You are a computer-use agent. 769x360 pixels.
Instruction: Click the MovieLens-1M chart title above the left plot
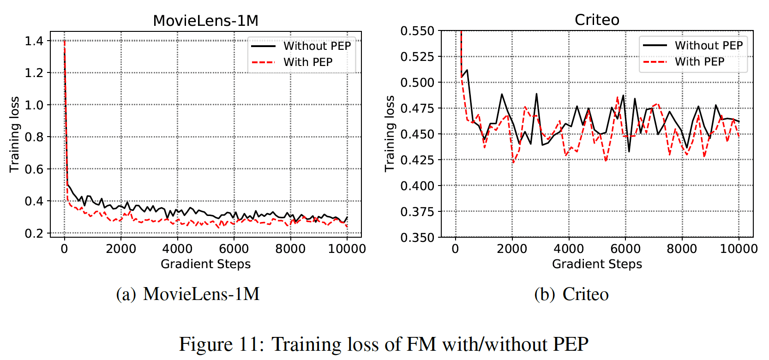[x=205, y=21]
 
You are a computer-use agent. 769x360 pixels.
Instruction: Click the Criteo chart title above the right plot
[x=597, y=20]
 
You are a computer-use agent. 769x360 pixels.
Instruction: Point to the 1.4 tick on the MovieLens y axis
[x=34, y=41]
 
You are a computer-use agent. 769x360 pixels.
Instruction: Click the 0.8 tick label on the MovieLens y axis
[x=34, y=137]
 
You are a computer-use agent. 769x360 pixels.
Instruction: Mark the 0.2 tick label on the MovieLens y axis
[x=34, y=234]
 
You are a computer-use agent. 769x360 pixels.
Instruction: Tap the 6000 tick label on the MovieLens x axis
[x=234, y=249]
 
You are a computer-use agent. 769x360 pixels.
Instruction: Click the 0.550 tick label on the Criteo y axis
[x=417, y=31]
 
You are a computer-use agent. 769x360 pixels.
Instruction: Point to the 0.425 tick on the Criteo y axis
[x=417, y=160]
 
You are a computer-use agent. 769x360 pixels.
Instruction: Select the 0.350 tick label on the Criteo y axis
[x=417, y=238]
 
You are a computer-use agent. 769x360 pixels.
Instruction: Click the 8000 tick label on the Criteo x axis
[x=682, y=249]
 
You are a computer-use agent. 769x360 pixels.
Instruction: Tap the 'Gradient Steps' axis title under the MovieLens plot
[x=205, y=264]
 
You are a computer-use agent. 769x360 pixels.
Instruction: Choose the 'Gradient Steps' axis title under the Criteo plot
[x=597, y=264]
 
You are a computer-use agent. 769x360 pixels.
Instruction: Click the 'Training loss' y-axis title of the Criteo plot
[x=390, y=134]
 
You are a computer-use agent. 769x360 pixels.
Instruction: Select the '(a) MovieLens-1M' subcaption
[x=188, y=294]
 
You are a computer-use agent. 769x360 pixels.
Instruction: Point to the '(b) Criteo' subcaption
[x=571, y=294]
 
